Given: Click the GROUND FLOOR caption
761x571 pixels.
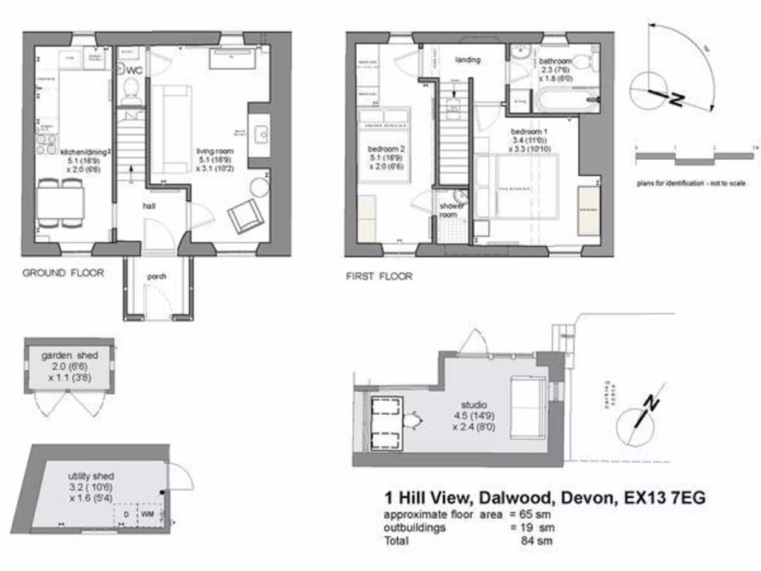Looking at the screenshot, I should [63, 273].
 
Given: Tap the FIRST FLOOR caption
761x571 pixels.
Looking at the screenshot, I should [379, 277].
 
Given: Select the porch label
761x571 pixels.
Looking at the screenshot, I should [157, 277].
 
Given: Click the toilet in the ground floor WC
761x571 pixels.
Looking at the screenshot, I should [132, 89].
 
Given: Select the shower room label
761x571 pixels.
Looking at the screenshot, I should [452, 210].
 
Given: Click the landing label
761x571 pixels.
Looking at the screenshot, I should [467, 59].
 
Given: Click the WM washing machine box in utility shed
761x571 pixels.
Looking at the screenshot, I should [148, 514].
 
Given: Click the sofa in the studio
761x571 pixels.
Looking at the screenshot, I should [528, 406].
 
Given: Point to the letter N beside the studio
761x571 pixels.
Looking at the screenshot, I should [652, 404].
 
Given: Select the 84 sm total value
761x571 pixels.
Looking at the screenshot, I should [537, 541].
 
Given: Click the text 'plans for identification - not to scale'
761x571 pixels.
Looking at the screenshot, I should [690, 183].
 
